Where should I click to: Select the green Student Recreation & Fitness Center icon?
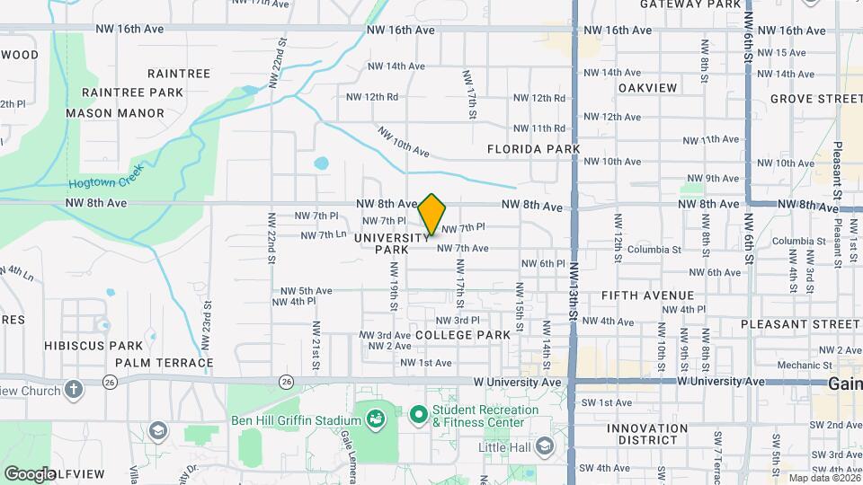pyautogui.click(x=418, y=416)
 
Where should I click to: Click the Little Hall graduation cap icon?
pyautogui.click(x=544, y=446)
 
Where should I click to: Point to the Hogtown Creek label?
pyautogui.click(x=106, y=181)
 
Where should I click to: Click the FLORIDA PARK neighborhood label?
pyautogui.click(x=534, y=149)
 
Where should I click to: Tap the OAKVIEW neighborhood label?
pyautogui.click(x=647, y=88)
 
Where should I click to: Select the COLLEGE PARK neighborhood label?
pyautogui.click(x=463, y=335)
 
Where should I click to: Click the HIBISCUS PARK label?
pyautogui.click(x=101, y=346)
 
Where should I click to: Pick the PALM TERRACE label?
pyautogui.click(x=164, y=364)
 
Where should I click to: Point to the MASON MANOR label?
pyautogui.click(x=115, y=114)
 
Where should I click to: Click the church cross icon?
pyautogui.click(x=74, y=391)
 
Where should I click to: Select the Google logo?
pyautogui.click(x=29, y=473)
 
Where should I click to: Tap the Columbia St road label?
pyautogui.click(x=653, y=250)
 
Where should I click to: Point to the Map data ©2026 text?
pyautogui.click(x=821, y=477)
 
